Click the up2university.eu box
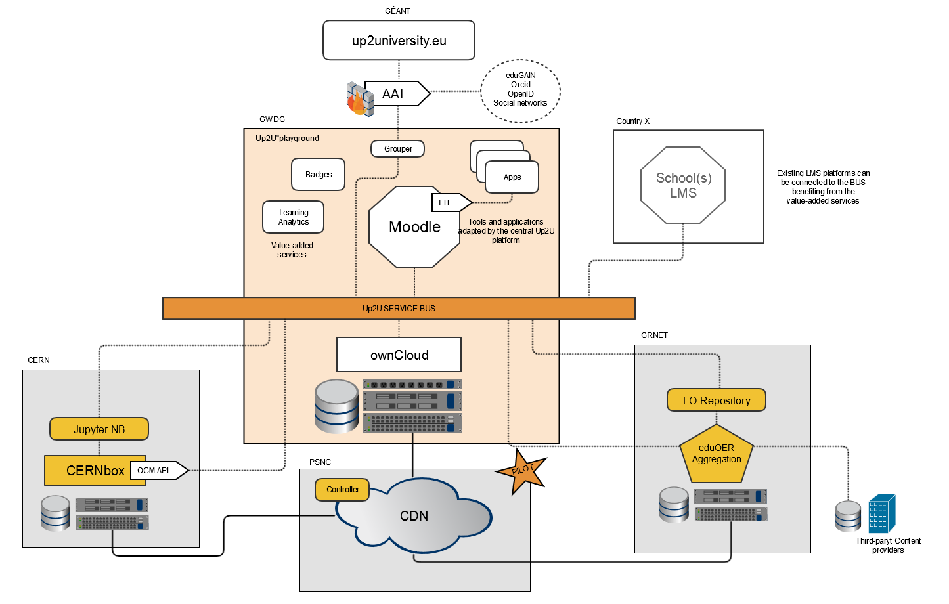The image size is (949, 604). tap(399, 41)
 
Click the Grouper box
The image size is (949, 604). tap(398, 149)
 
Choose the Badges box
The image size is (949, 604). tap(318, 175)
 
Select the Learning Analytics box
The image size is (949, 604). tap(293, 217)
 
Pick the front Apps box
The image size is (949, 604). tap(512, 177)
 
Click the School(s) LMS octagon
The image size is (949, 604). tap(683, 186)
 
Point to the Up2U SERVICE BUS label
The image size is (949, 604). tap(399, 309)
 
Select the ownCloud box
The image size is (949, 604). tap(399, 355)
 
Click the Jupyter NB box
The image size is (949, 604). tap(99, 429)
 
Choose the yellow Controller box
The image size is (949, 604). tap(342, 490)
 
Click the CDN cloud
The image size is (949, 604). tap(414, 517)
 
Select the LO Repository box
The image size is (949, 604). tap(716, 400)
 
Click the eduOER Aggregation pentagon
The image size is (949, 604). tap(716, 454)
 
